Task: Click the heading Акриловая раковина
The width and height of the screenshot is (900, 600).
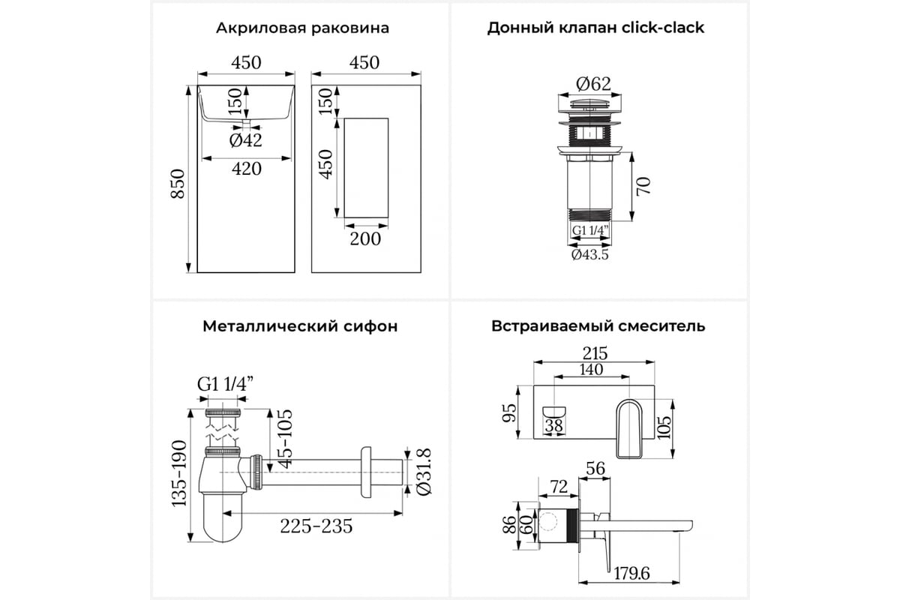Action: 302,28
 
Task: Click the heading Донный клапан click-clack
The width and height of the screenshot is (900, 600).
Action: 595,28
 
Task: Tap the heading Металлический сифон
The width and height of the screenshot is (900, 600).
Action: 299,326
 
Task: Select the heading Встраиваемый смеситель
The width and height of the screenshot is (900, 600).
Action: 598,326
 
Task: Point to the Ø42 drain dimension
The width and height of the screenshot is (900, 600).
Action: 245,139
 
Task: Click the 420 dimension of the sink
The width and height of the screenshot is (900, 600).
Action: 246,169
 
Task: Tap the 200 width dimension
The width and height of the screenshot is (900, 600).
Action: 365,238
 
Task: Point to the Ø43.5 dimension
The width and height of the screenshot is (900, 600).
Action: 589,255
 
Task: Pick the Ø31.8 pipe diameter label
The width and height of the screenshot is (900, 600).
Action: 424,470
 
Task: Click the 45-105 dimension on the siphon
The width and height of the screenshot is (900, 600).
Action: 284,438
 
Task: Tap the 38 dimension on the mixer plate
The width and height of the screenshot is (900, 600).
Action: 554,426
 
